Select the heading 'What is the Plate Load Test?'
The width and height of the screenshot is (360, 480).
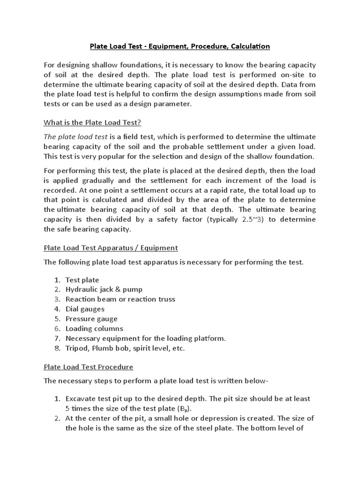pos(92,123)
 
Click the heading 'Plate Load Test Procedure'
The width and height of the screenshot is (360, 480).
pos(89,367)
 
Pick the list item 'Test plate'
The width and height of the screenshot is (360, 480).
pos(82,280)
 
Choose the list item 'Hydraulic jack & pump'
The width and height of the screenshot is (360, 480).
pos(104,289)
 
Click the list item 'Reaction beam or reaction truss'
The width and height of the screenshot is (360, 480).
pos(120,299)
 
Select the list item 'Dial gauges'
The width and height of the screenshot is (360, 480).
pos(85,309)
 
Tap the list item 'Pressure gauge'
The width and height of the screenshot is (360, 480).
pos(91,319)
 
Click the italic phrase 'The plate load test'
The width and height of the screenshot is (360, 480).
pos(75,136)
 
